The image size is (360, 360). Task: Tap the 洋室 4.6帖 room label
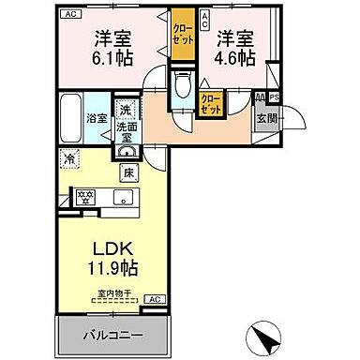[x=233, y=47]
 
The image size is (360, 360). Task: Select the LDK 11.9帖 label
[x=114, y=258]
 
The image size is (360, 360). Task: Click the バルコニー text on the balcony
[x=118, y=336]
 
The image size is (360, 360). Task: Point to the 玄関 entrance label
[x=265, y=118]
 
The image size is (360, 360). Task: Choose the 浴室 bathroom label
[x=97, y=119]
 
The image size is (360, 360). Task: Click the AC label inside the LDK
[x=155, y=299]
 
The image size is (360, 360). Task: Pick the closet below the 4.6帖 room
[x=212, y=103]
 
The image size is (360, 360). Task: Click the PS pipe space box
[x=275, y=97]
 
